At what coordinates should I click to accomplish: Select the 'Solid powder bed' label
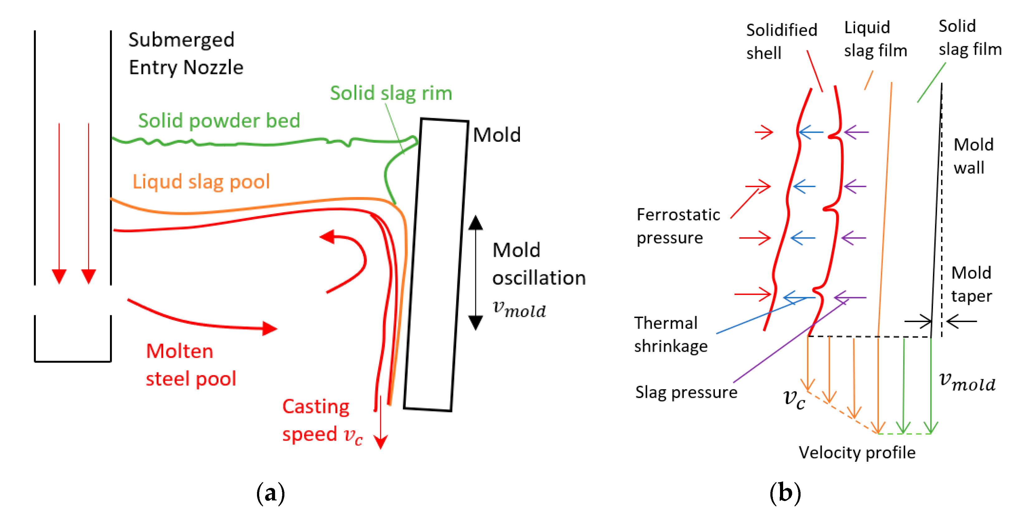point(219,121)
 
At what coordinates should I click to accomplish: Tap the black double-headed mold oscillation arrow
point(475,273)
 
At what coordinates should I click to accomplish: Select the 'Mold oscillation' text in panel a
point(538,264)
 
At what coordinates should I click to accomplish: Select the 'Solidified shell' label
point(781,41)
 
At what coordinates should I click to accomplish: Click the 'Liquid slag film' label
point(875,39)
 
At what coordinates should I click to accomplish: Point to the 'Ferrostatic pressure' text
point(678,226)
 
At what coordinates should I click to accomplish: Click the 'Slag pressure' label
point(686,392)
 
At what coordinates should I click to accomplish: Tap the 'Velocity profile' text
point(857,452)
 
